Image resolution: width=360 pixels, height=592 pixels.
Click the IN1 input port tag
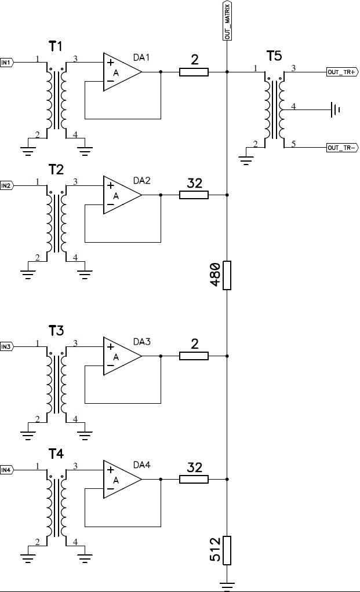(7, 63)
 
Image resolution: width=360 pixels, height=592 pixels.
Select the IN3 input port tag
(7, 346)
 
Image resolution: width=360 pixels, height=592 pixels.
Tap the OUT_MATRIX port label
(227, 20)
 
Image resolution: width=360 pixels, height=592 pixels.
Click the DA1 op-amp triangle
(122, 72)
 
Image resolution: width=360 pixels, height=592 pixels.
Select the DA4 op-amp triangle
(122, 479)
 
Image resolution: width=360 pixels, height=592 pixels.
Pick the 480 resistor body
(227, 275)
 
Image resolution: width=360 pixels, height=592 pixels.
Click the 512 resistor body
(227, 550)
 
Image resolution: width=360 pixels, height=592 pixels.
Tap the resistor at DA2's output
(194, 195)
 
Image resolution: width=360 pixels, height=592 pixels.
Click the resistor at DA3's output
(194, 356)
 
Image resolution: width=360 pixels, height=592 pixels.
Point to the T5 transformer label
(274, 56)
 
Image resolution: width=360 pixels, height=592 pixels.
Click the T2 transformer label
(56, 170)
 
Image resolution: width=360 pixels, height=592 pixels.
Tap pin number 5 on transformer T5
(293, 144)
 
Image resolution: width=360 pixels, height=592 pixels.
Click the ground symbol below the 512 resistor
(227, 586)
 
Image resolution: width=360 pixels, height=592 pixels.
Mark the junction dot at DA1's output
(161, 72)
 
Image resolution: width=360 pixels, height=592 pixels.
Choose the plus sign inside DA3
(110, 346)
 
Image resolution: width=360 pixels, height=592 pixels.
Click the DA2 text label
(141, 181)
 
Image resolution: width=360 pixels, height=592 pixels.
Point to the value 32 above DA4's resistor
(195, 467)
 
